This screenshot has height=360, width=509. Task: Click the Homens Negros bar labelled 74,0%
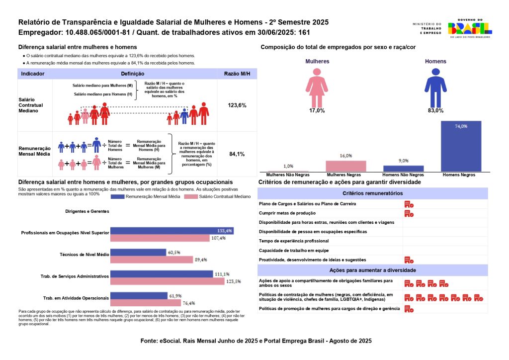[x=461, y=146]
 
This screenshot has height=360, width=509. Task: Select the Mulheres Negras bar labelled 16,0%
[x=346, y=166]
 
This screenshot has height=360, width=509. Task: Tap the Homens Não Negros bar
[x=403, y=169]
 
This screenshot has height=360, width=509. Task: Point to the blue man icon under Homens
[x=435, y=86]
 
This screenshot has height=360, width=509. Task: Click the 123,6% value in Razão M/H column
[x=237, y=105]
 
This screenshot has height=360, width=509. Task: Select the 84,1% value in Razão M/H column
[x=237, y=154]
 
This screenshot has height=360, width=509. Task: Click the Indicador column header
[x=33, y=74]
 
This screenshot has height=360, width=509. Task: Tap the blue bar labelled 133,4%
[x=171, y=231]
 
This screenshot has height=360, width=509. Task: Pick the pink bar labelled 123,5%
[x=168, y=281]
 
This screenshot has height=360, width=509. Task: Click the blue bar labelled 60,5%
[x=138, y=253]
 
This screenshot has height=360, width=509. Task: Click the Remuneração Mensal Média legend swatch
[x=123, y=197]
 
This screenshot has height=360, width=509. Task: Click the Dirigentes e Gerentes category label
[x=87, y=211]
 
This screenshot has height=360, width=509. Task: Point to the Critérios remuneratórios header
[x=372, y=193]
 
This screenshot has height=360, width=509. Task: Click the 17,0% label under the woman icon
[x=317, y=110]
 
